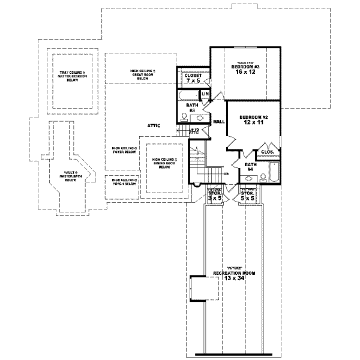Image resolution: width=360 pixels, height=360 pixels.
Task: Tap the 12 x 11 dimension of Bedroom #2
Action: tap(253, 122)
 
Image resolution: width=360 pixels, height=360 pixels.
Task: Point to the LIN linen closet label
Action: tap(205, 94)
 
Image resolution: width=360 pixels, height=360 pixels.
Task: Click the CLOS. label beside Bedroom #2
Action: tap(268, 152)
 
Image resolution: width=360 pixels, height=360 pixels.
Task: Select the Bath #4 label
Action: tap(250, 166)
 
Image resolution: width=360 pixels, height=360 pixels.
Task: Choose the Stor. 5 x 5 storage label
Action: tap(248, 195)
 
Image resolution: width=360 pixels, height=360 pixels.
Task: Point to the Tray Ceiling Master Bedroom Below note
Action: tap(73, 77)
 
